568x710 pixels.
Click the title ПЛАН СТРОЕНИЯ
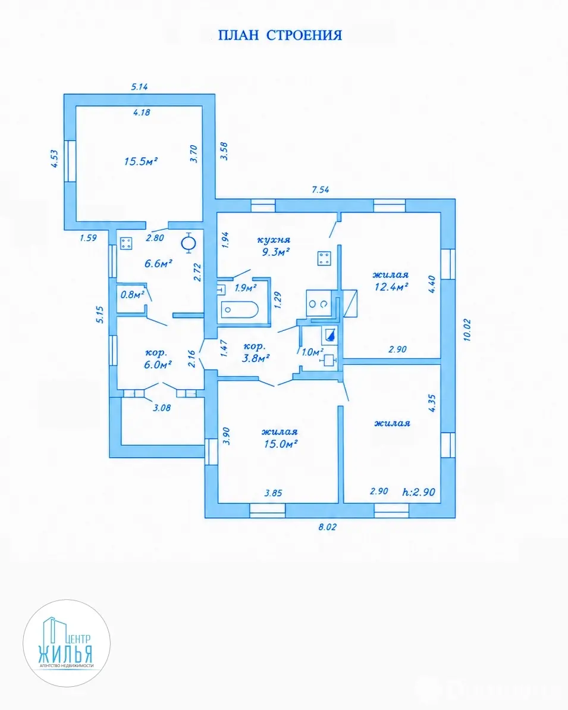[x=280, y=35]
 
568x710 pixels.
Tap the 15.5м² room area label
[x=141, y=161]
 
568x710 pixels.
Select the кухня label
[x=274, y=239]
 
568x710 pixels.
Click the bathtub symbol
[x=240, y=310]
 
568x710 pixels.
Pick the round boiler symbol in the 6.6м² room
[x=189, y=243]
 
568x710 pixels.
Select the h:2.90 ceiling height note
[x=419, y=492]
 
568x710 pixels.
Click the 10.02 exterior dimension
[x=467, y=330]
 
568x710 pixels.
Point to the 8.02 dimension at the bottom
[x=327, y=527]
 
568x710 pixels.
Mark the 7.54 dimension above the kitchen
[x=321, y=190]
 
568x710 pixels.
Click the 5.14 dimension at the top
[x=139, y=86]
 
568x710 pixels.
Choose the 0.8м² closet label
[x=132, y=295]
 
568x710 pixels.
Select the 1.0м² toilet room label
[x=312, y=352]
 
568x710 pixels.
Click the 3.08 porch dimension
[x=162, y=408]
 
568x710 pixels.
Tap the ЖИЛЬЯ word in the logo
[x=65, y=654]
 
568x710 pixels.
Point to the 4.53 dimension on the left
[x=54, y=159]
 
